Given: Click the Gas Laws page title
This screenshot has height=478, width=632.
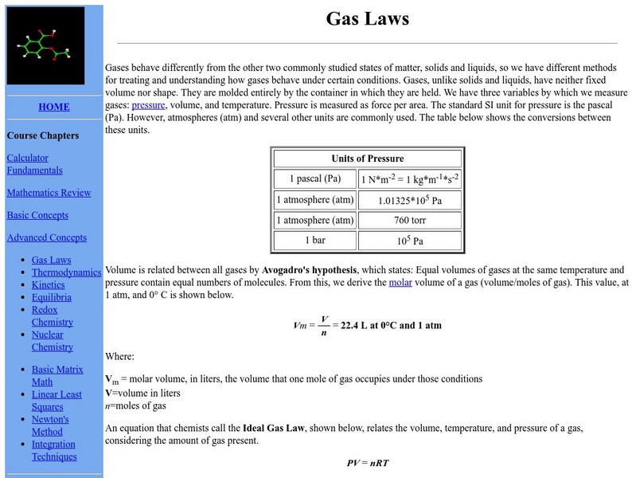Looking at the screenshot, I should pyautogui.click(x=367, y=18).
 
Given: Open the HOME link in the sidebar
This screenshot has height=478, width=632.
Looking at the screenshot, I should pyautogui.click(x=53, y=107).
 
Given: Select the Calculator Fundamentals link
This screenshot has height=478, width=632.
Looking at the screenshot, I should pyautogui.click(x=34, y=164).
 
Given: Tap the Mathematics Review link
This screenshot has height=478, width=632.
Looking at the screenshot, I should pyautogui.click(x=49, y=193).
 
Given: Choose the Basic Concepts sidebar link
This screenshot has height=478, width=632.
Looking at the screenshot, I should pyautogui.click(x=37, y=215).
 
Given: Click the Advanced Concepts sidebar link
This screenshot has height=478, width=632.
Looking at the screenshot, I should pyautogui.click(x=46, y=237).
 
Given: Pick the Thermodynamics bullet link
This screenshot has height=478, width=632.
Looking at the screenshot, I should pyautogui.click(x=66, y=272).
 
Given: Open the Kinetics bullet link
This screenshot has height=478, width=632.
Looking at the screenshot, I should pyautogui.click(x=48, y=284).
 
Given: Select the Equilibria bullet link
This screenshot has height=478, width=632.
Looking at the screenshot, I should pyautogui.click(x=52, y=297).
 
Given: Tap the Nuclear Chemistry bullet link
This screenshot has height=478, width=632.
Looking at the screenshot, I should pyautogui.click(x=53, y=341).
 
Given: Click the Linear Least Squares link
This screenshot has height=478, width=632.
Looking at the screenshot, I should pyautogui.click(x=56, y=401).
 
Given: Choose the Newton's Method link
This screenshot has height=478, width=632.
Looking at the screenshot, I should pyautogui.click(x=50, y=425).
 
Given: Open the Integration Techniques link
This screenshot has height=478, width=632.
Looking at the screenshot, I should pyautogui.click(x=54, y=450).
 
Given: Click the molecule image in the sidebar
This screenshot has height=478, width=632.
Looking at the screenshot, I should pyautogui.click(x=46, y=45).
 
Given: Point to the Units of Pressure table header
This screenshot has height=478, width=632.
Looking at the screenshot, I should pyautogui.click(x=367, y=159).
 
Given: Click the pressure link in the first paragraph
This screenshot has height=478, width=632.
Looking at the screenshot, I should pyautogui.click(x=148, y=104).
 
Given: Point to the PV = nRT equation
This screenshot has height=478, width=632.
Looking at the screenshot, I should pyautogui.click(x=367, y=462).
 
